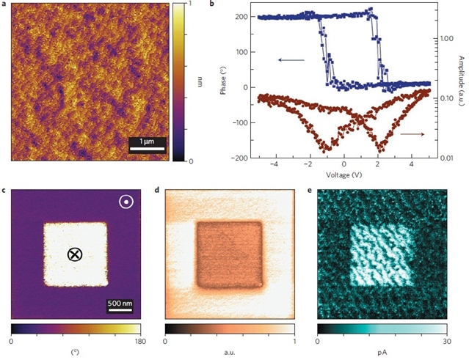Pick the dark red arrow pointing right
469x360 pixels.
[x=412, y=134]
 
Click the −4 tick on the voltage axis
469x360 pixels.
[x=273, y=166]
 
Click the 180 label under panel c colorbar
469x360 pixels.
[x=139, y=341]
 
